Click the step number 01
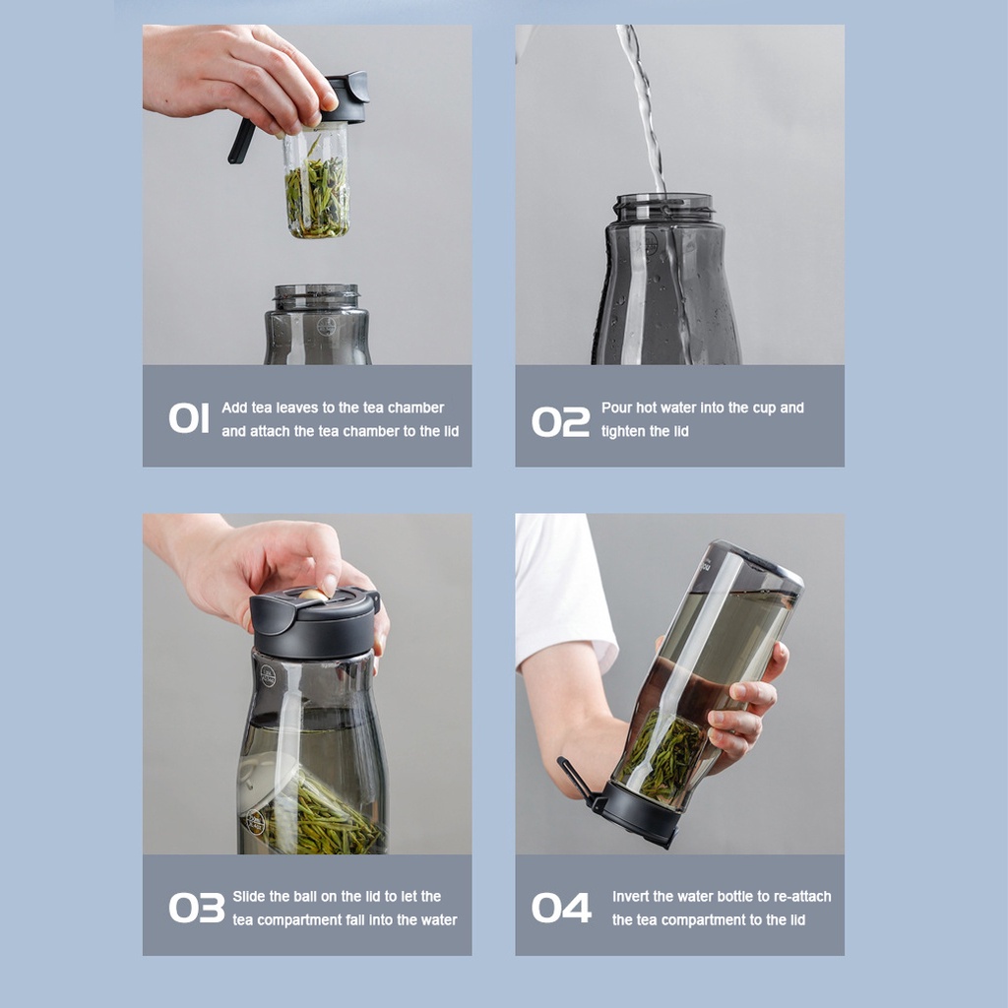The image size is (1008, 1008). point(189,418)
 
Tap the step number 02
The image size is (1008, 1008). point(560,421)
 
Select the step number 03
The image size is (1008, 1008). point(197,907)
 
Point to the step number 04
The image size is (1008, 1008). point(561,907)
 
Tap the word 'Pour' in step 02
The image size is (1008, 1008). point(616,408)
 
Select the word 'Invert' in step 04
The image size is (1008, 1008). point(631,896)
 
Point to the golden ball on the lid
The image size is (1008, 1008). point(313,595)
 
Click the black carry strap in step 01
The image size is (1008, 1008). point(241,141)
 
